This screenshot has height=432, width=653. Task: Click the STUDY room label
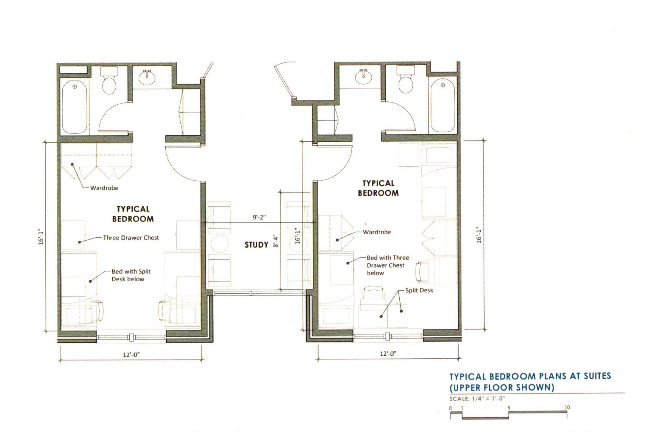[x=256, y=245]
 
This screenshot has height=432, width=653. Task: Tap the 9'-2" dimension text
[x=259, y=217]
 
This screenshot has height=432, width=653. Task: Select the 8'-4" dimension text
[x=276, y=241]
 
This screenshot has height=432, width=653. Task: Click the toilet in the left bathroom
[x=109, y=81]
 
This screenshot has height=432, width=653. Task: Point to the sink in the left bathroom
[x=147, y=77]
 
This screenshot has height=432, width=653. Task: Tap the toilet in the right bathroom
[x=406, y=80]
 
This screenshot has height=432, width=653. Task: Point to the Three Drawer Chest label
[x=131, y=238]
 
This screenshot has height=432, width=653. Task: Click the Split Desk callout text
[x=419, y=290]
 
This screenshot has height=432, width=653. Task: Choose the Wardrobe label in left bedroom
[x=104, y=188]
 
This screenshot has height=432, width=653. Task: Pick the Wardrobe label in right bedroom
[x=377, y=232]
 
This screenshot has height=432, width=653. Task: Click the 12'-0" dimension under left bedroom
[x=131, y=355]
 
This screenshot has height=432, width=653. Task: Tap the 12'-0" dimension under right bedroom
[x=388, y=353]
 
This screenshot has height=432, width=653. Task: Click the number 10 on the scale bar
[x=567, y=407]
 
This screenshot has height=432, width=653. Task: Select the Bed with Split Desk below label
[x=131, y=275]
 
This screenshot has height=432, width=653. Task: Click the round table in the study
[x=219, y=244]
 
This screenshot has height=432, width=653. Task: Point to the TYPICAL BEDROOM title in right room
[x=378, y=188]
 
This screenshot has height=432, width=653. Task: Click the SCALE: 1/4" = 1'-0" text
[x=477, y=399]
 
